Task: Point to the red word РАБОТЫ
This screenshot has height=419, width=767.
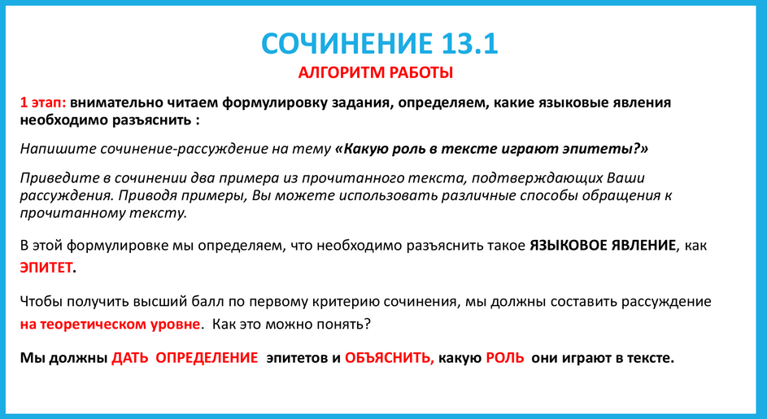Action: click(x=417, y=73)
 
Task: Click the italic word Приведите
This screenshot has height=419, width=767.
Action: click(x=54, y=177)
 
